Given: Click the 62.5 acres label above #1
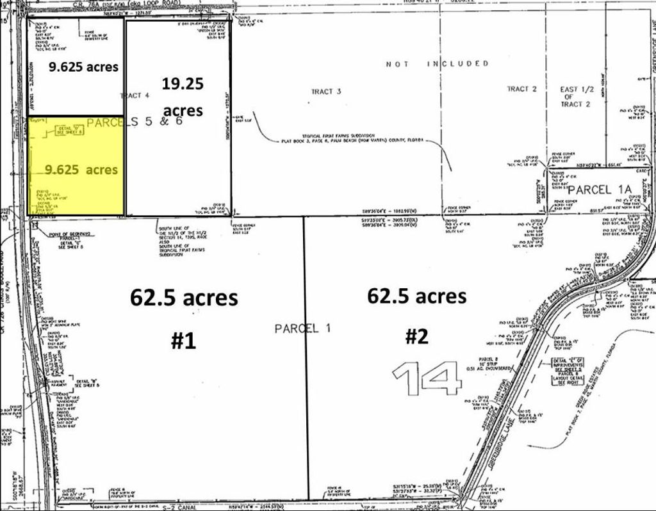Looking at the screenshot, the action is pyautogui.click(x=184, y=298).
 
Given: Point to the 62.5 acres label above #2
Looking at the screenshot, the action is pyautogui.click(x=416, y=296).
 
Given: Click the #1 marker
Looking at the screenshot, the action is pyautogui.click(x=183, y=341).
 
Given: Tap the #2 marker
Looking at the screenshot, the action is pyautogui.click(x=417, y=337).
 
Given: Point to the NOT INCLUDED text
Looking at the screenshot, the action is pyautogui.click(x=438, y=64).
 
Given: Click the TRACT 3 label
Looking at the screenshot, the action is pyautogui.click(x=326, y=92).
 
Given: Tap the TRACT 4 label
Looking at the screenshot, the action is pyautogui.click(x=135, y=95).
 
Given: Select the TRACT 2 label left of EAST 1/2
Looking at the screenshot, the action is pyautogui.click(x=522, y=89).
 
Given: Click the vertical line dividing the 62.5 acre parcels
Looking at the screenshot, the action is pyautogui.click(x=306, y=359).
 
